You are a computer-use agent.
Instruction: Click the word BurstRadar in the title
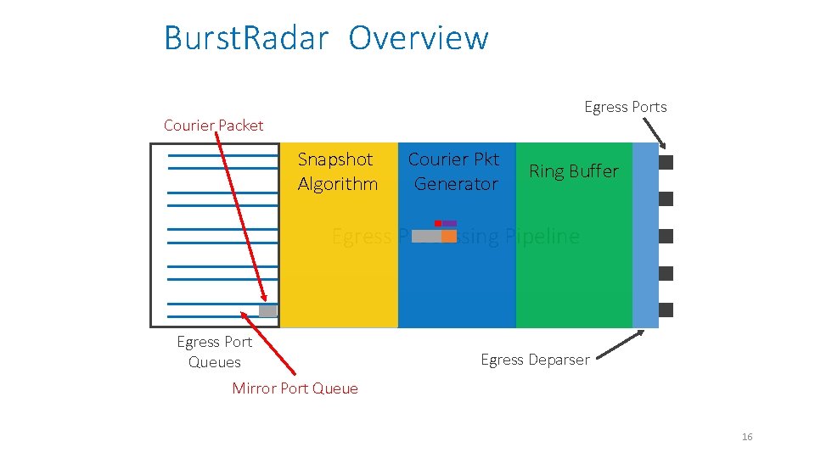pos(245,39)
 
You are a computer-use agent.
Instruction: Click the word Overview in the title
pos(419,39)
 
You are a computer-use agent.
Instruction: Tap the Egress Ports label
pos(625,107)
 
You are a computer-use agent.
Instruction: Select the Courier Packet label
pos(213,126)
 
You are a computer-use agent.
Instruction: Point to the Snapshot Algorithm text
pos(337,171)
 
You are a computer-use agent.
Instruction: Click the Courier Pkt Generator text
pos(454,171)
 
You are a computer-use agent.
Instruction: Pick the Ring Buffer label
pos(574,171)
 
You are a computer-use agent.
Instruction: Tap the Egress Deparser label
pos(535,360)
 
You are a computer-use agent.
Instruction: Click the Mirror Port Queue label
pos(295,388)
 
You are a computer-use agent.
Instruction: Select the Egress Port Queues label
pos(214,352)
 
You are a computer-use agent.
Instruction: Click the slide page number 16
pos(747,437)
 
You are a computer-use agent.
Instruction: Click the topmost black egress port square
pos(666,162)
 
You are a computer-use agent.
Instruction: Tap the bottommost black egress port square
pos(666,310)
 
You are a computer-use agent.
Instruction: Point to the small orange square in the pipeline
pos(449,236)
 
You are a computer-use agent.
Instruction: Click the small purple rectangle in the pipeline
pos(449,223)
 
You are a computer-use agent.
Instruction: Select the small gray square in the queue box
pos(267,311)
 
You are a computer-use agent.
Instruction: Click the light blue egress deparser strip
pos(645,235)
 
